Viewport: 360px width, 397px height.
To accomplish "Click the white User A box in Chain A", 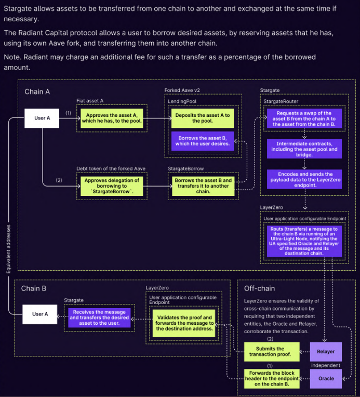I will click(x=43, y=118).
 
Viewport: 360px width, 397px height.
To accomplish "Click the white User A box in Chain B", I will click(x=40, y=314).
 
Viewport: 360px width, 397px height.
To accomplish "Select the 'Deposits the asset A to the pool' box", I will click(x=203, y=117).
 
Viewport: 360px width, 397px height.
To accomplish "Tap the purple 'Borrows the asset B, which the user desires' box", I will click(x=203, y=140).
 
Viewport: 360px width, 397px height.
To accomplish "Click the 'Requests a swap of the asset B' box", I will click(x=304, y=119).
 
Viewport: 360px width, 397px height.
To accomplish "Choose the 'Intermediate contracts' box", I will click(x=304, y=149).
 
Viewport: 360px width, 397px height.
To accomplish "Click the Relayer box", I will click(x=326, y=351).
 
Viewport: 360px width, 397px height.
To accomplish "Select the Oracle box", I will click(x=326, y=378).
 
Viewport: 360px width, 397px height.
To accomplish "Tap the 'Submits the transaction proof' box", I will click(x=270, y=352).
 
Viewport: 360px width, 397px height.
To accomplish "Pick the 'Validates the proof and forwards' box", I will click(x=185, y=323).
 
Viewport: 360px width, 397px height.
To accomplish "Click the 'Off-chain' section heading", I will click(x=259, y=288).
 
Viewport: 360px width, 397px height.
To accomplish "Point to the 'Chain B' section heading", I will click(x=34, y=288).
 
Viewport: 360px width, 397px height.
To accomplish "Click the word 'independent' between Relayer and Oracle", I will click(x=326, y=365).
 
